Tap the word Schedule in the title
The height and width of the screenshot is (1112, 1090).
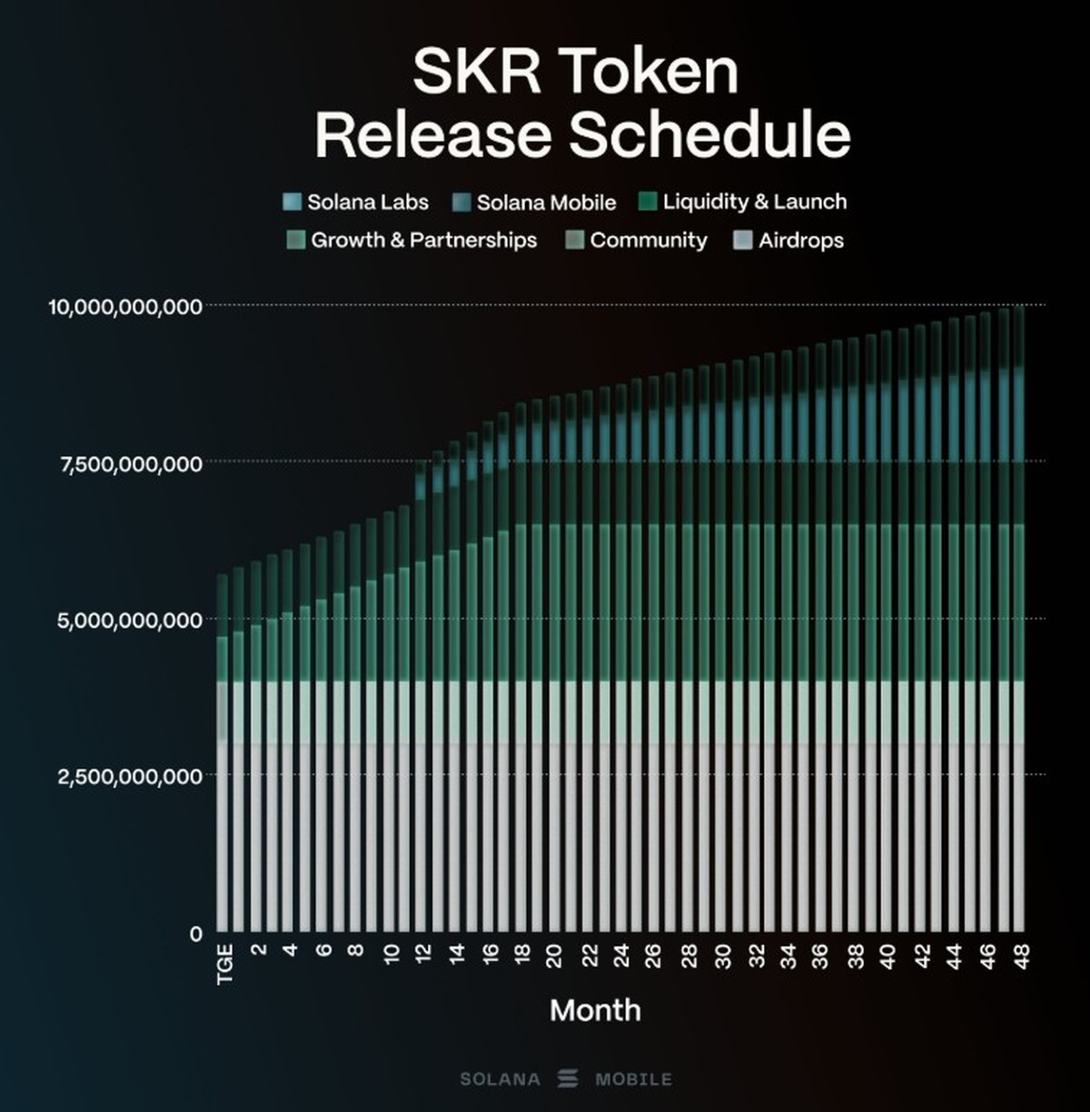tap(709, 135)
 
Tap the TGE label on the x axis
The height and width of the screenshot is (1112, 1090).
tap(224, 963)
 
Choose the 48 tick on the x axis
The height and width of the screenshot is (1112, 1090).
tap(1021, 956)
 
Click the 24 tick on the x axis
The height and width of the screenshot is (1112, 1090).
tap(621, 956)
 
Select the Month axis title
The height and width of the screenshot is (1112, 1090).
tap(595, 1010)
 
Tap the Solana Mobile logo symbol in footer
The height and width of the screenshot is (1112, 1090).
tap(569, 1078)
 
